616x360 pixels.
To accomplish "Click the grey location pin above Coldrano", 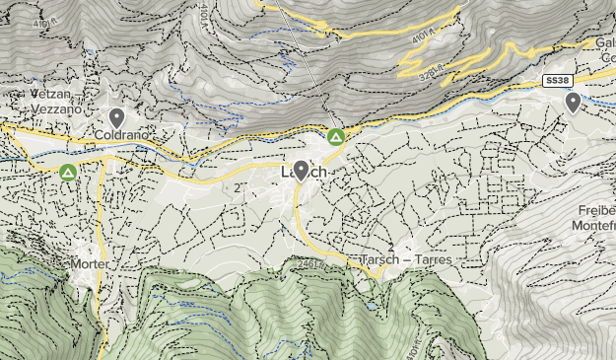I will pos(116,117).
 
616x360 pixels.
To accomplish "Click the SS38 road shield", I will pos(557,79).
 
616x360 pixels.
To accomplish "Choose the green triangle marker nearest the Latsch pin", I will pos(336,136).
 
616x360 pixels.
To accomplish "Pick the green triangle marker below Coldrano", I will pos(67,173).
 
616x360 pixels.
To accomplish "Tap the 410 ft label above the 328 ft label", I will pos(423,37).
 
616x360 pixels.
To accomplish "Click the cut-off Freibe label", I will pos(595,209).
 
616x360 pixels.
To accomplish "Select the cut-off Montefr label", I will pos(592,226).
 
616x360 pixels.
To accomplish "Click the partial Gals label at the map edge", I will pos(605,43).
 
